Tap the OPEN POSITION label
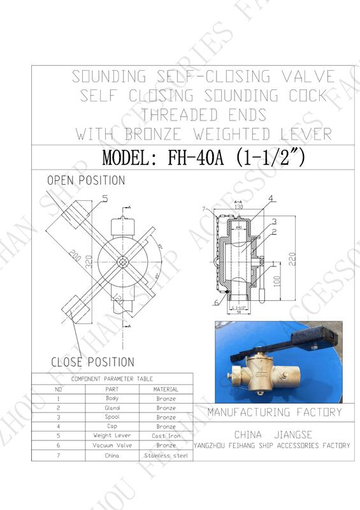pyautogui.click(x=86, y=180)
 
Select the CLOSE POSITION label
pyautogui.click(x=92, y=362)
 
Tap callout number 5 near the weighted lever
pyautogui.click(x=105, y=198)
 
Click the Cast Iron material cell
pyautogui.click(x=166, y=436)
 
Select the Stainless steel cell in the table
pyautogui.click(x=166, y=455)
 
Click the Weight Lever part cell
pyautogui.click(x=112, y=436)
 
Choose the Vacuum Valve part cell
pyautogui.click(x=112, y=446)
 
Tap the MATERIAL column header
pyautogui.click(x=166, y=389)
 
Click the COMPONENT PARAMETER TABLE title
pyautogui.click(x=112, y=379)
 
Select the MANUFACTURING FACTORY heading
pyautogui.click(x=274, y=412)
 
